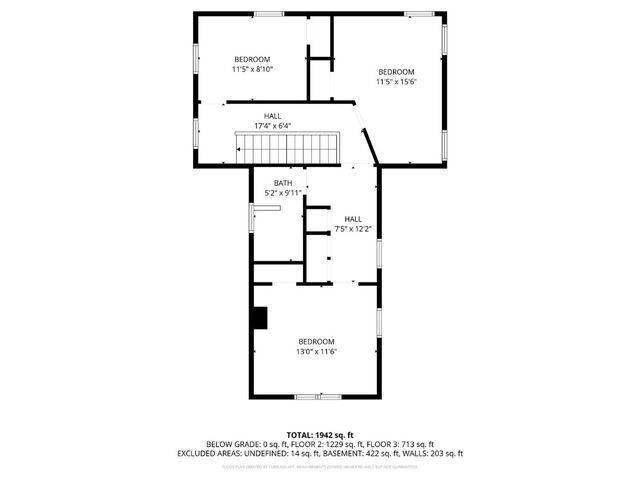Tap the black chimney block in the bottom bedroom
click(261, 318)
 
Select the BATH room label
click(284, 183)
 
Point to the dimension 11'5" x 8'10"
click(252, 70)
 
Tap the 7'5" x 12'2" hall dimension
click(353, 229)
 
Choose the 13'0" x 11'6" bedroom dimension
click(315, 352)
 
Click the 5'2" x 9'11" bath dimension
click(283, 192)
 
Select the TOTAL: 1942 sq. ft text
click(320, 435)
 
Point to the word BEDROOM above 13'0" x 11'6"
click(315, 342)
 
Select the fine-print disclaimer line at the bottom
click(320, 465)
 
